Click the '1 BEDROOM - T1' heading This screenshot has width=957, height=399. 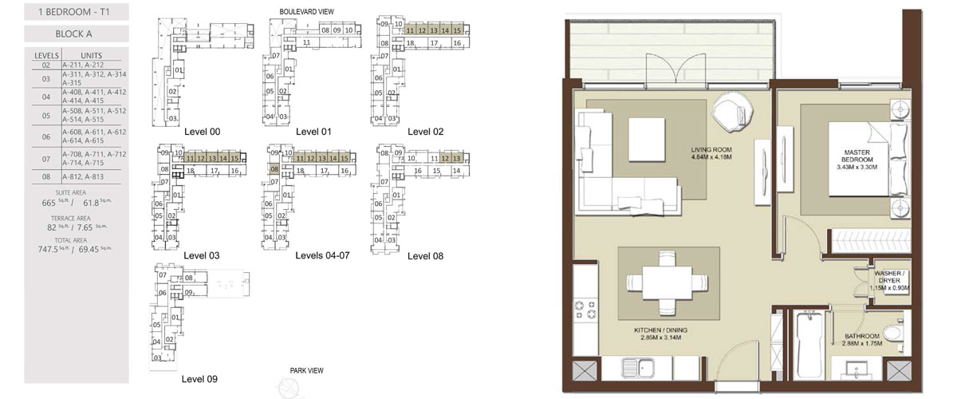tap(76, 12)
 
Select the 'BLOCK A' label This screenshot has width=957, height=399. tap(76, 34)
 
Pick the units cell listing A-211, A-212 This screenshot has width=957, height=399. tap(94, 65)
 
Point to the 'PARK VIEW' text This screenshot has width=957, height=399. tap(306, 370)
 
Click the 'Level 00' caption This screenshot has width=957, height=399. tap(202, 132)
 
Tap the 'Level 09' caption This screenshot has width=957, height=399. tap(199, 379)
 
